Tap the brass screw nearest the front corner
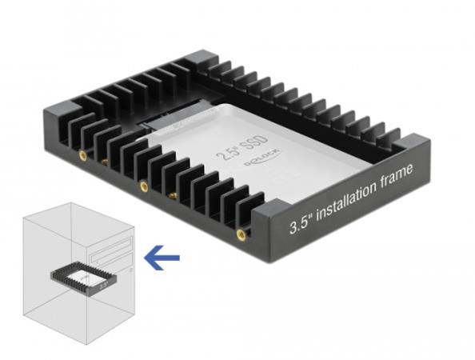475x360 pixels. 241,234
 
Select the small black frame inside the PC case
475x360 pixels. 82,278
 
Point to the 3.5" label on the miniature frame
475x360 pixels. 104,283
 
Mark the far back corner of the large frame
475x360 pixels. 198,59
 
